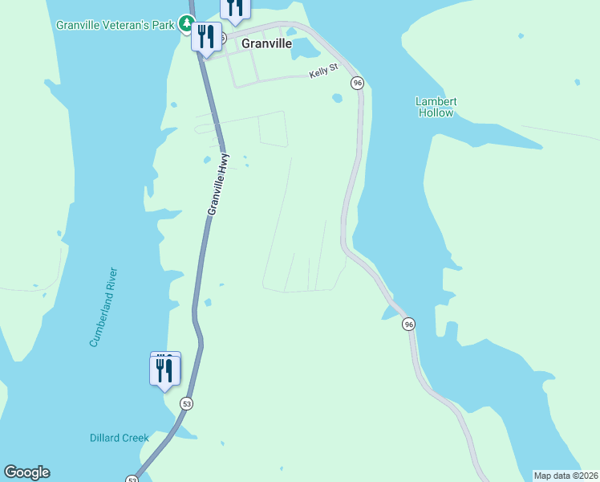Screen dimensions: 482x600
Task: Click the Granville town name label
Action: [266, 45]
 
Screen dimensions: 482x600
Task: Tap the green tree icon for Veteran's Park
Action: [187, 24]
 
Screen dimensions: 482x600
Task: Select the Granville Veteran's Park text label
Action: [116, 25]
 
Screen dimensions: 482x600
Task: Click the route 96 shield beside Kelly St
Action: [357, 83]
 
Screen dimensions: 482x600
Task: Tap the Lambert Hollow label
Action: [436, 107]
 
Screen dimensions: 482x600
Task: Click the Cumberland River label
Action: [103, 307]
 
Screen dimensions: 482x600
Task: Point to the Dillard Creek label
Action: [119, 438]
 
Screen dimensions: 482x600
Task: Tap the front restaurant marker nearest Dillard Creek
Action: [164, 372]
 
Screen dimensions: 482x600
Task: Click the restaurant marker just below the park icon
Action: [206, 38]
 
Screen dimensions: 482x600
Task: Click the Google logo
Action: [26, 472]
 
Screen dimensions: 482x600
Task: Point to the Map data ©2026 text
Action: [566, 476]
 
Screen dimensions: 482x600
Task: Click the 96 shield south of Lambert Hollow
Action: [409, 324]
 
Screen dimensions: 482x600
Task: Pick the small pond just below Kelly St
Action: [337, 99]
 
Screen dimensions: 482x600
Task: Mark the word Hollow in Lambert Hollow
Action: [436, 113]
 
